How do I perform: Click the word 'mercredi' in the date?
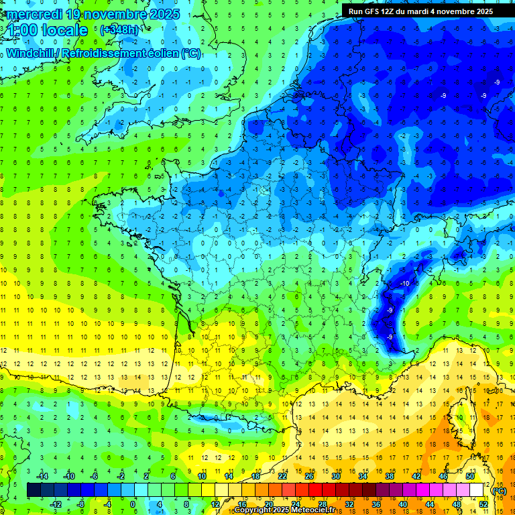click(x=34, y=14)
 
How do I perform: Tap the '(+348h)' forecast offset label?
click(x=119, y=30)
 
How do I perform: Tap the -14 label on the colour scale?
click(x=43, y=475)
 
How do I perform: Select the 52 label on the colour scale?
click(x=483, y=504)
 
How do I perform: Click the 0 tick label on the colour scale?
click(x=132, y=504)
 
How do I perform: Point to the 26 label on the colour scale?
click(x=309, y=475)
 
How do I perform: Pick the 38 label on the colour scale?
click(x=389, y=475)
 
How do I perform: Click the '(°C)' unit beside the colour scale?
click(x=499, y=490)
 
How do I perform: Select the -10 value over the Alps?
click(x=404, y=284)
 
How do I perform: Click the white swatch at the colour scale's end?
click(x=477, y=490)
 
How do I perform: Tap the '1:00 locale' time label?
click(x=47, y=30)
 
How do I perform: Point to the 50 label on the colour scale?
click(x=469, y=475)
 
